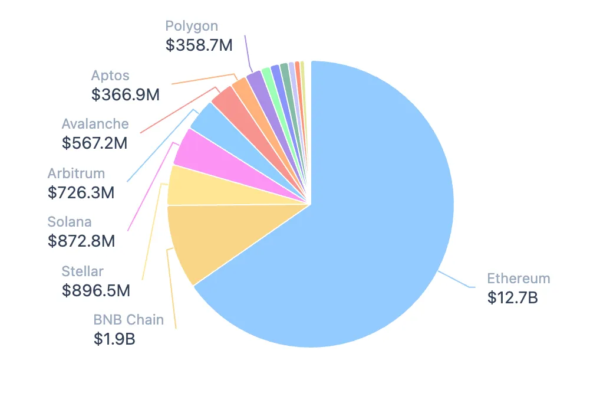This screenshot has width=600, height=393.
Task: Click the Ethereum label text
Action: tap(518, 279)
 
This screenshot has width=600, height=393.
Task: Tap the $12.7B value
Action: tap(512, 297)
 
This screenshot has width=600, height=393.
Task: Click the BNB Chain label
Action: tap(128, 320)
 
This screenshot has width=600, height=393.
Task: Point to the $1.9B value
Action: tap(114, 339)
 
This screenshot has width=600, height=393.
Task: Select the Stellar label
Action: tap(83, 271)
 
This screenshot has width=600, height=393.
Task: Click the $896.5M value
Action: tap(95, 290)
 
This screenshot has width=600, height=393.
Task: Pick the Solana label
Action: tap(70, 222)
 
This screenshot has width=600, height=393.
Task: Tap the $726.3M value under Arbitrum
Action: tap(81, 192)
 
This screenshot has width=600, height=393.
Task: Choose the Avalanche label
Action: tap(95, 124)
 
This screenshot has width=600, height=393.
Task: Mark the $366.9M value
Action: tap(125, 94)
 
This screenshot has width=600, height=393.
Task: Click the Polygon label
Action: tap(192, 26)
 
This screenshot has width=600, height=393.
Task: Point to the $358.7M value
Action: tap(199, 45)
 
